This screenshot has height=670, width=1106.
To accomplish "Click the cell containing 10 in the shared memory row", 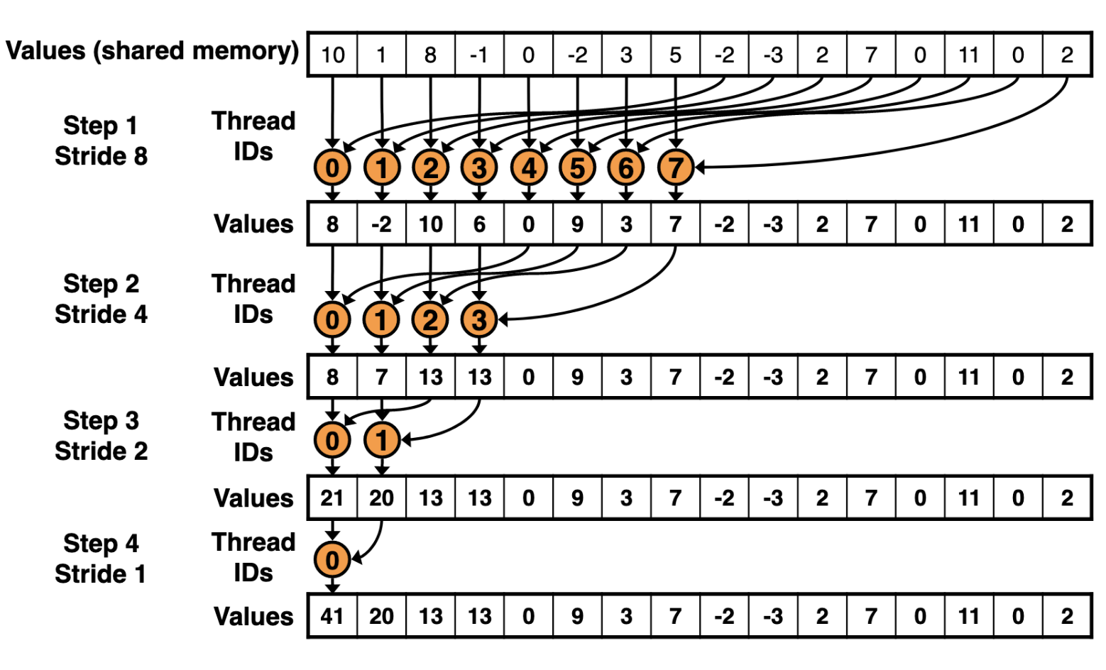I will pyautogui.click(x=332, y=55).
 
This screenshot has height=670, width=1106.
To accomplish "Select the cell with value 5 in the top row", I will pyautogui.click(x=675, y=55).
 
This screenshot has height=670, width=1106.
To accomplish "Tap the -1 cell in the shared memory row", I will pyautogui.click(x=479, y=55).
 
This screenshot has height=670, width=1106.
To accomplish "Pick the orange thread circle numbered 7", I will pyautogui.click(x=675, y=167).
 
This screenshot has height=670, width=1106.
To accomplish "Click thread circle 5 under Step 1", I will pyautogui.click(x=577, y=167).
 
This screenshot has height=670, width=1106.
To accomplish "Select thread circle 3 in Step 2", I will pyautogui.click(x=479, y=320).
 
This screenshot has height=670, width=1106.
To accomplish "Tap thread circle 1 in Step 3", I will pyautogui.click(x=381, y=441).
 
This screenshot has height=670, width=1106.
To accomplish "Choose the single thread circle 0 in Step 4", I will pyautogui.click(x=332, y=560).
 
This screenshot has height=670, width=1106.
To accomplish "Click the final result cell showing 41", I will pyautogui.click(x=332, y=616).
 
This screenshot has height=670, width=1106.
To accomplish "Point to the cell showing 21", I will pyautogui.click(x=332, y=498).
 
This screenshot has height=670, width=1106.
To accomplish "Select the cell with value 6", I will pyautogui.click(x=479, y=224).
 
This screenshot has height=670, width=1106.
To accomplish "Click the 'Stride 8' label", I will pyautogui.click(x=101, y=156).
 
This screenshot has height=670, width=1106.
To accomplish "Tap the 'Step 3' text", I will pyautogui.click(x=101, y=420).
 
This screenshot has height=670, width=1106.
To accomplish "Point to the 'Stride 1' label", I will pyautogui.click(x=101, y=573).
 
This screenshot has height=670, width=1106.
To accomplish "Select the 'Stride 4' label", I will pyautogui.click(x=101, y=314).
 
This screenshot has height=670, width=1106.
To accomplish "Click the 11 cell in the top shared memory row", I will pyautogui.click(x=969, y=55).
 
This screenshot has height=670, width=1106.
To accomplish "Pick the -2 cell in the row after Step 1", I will pyautogui.click(x=381, y=224).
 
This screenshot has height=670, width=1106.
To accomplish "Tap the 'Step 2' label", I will pyautogui.click(x=101, y=283).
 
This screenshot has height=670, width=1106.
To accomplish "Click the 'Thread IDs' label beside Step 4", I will pyautogui.click(x=253, y=557).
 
